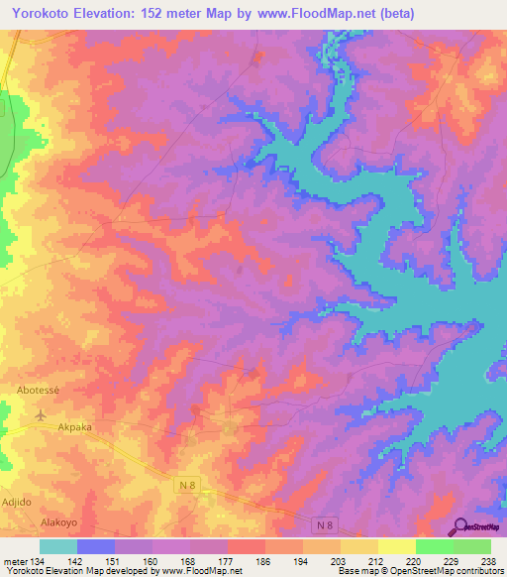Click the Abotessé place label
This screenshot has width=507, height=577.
point(39,391)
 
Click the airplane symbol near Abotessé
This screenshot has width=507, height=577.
point(40,413)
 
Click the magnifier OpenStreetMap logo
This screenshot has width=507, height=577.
point(461,526)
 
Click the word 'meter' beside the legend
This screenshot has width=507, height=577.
point(16,560)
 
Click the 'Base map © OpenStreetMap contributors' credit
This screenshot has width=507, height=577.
point(419,571)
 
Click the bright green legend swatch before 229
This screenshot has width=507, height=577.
point(435,546)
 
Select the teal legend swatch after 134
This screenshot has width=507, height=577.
point(58,546)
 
